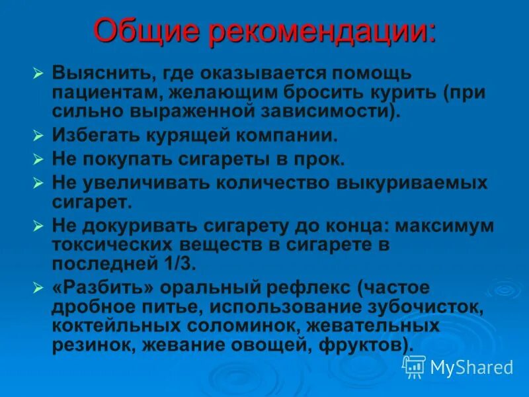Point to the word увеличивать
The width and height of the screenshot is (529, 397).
(145, 183)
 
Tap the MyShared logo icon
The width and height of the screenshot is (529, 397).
(414, 366)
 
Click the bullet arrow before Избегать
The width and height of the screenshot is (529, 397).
(38, 136)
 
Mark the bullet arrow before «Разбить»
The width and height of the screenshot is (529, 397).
(38, 288)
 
